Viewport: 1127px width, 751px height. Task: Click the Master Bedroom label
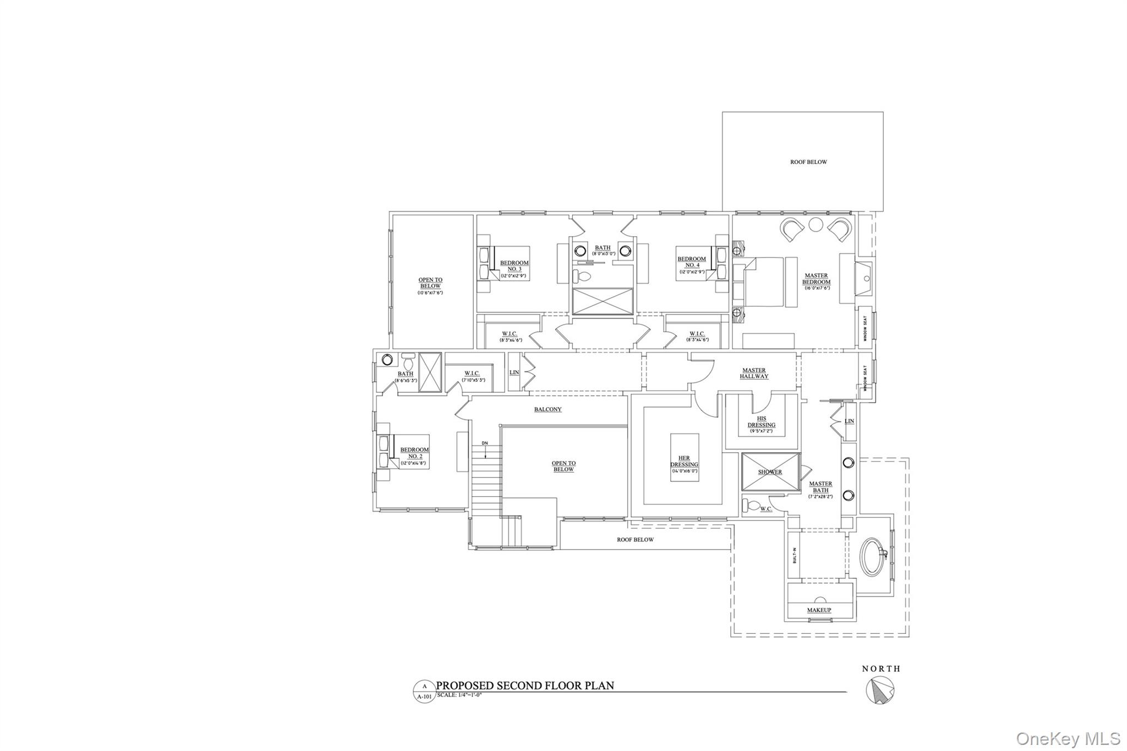[816, 279]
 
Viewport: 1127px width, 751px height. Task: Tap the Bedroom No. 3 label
[515, 266]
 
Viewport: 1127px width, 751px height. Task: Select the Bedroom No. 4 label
[691, 262]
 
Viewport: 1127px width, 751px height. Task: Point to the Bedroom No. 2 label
[414, 453]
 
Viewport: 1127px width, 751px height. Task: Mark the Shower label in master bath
[770, 472]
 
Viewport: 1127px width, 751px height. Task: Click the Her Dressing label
[684, 462]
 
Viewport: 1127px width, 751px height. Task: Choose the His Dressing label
[762, 421]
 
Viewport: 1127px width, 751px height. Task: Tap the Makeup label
[819, 610]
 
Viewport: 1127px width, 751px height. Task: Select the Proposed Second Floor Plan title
[525, 686]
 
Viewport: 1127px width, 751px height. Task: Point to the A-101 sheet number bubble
[424, 692]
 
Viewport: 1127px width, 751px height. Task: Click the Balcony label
[548, 409]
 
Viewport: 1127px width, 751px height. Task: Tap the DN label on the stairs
[484, 443]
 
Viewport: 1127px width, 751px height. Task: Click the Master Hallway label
[754, 373]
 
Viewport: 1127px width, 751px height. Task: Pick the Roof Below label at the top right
[808, 162]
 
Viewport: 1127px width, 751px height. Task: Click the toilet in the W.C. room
[752, 504]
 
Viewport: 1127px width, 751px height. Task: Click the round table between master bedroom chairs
[815, 224]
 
